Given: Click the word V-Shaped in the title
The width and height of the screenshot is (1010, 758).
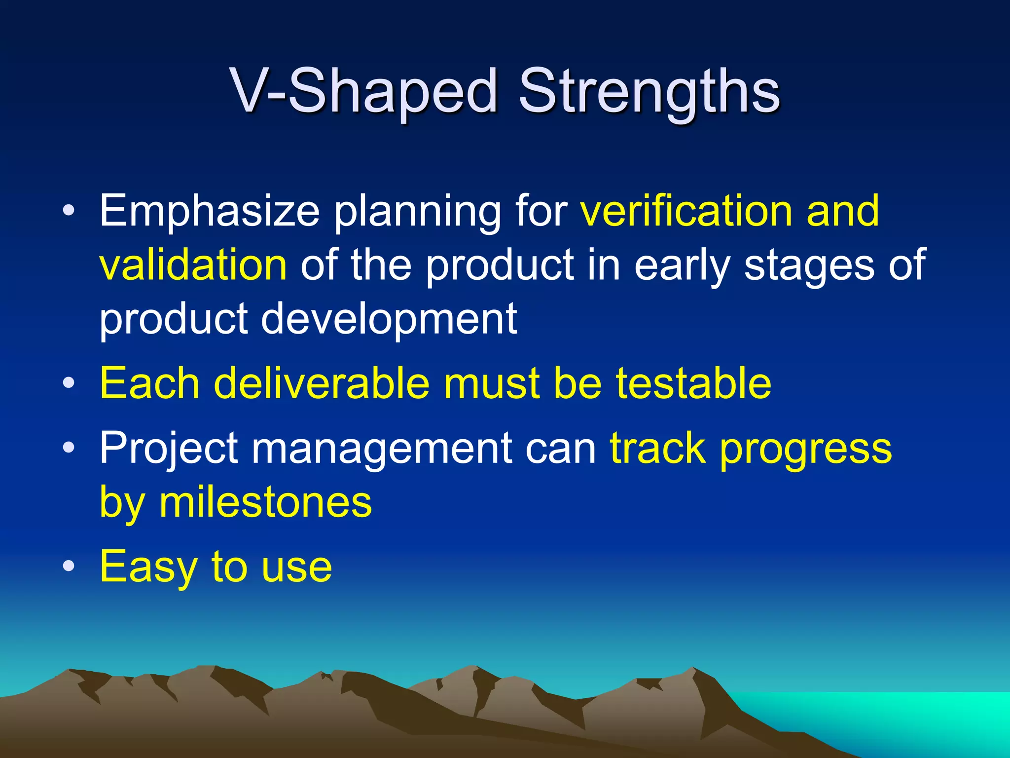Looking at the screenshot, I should click(x=364, y=91).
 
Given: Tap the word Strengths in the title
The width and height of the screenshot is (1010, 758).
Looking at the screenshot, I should click(x=649, y=91).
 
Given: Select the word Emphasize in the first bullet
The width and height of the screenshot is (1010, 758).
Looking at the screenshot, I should click(x=210, y=211).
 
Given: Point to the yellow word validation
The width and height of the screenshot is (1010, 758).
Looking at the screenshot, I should click(x=193, y=265).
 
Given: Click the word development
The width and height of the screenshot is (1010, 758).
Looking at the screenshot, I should click(x=389, y=319).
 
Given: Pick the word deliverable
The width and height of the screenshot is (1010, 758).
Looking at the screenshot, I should click(x=321, y=383).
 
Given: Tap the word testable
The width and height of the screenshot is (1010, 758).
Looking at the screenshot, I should click(x=693, y=383).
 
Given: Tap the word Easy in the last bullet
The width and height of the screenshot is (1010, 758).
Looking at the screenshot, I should click(x=148, y=567).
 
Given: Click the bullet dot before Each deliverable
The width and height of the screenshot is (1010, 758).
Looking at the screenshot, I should click(x=69, y=383).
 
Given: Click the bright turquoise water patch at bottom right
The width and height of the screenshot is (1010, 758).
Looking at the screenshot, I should click(x=912, y=716).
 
